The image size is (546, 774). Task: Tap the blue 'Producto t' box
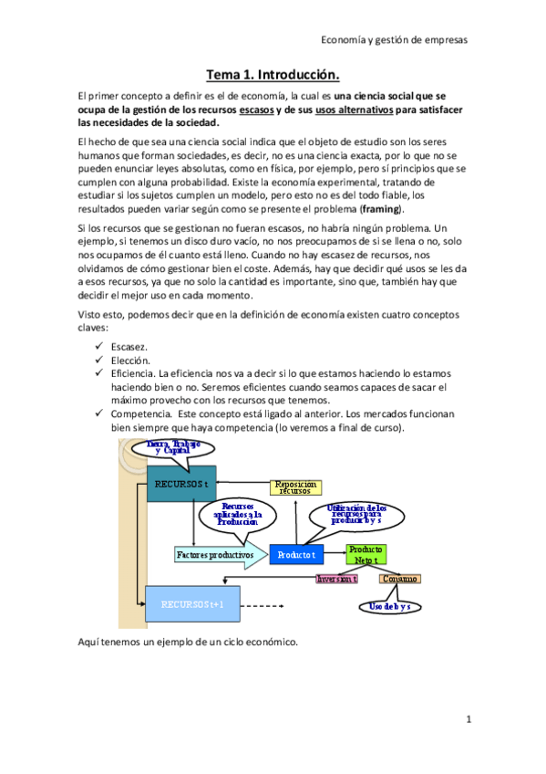297,554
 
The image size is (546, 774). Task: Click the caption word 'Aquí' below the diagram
91,643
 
